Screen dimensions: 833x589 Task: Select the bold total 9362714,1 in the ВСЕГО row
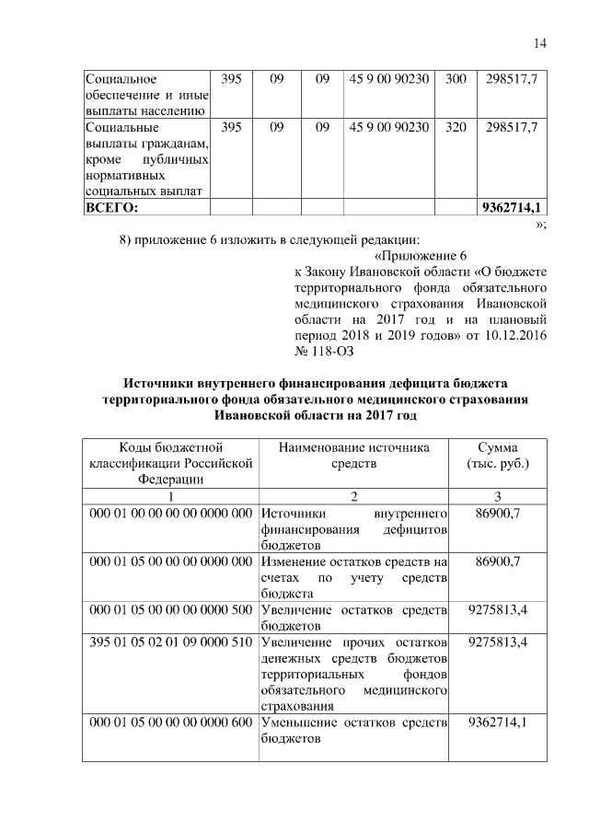(x=511, y=207)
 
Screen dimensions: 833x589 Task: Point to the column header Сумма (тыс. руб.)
(x=498, y=456)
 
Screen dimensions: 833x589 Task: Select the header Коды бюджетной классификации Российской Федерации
(x=170, y=463)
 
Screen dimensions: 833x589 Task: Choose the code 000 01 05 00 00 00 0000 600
(x=170, y=723)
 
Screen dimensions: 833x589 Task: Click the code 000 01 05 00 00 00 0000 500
(x=170, y=610)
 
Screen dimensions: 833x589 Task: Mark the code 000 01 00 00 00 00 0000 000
(x=170, y=512)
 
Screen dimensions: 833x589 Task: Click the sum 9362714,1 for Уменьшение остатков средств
(x=498, y=723)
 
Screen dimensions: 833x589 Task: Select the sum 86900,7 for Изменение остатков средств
(x=498, y=561)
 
